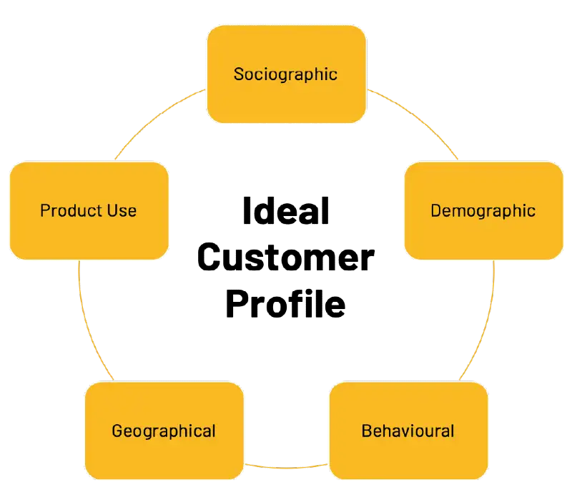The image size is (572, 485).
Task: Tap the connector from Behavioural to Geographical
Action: (x=286, y=468)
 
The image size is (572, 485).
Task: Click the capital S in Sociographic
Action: (x=239, y=74)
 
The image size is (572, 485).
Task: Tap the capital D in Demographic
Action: (x=435, y=211)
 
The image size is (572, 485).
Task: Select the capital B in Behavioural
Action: (x=366, y=431)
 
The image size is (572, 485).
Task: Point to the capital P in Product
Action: (x=44, y=211)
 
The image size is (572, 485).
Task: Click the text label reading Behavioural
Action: (x=408, y=431)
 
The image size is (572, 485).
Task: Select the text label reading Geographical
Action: (x=164, y=431)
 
